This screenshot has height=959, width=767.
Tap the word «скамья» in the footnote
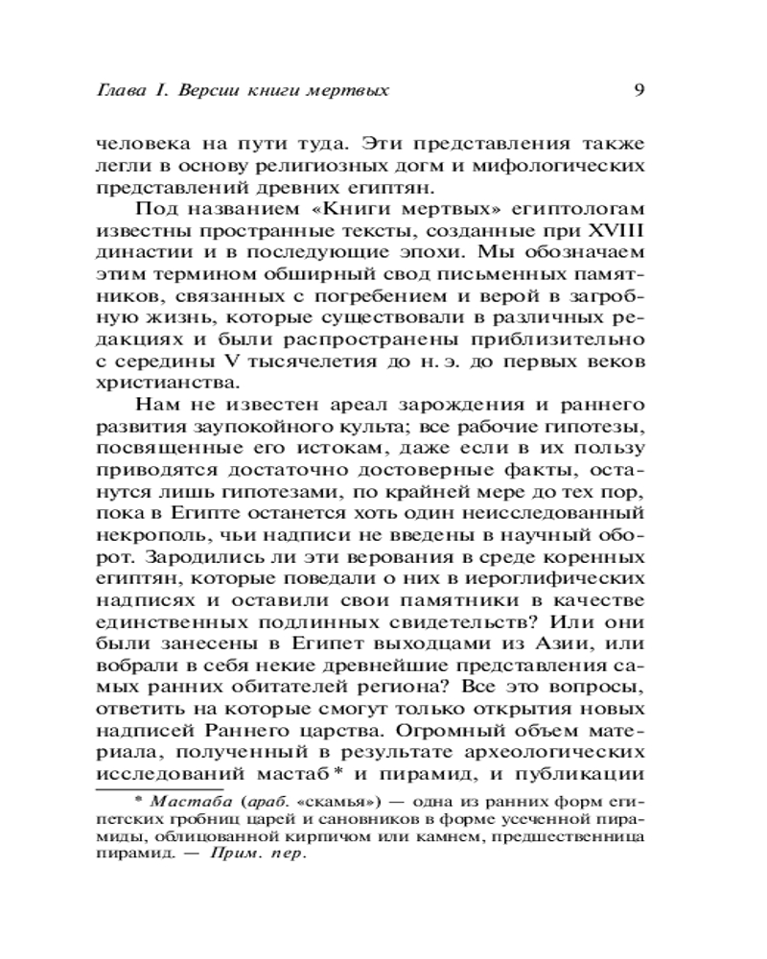click(x=334, y=800)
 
